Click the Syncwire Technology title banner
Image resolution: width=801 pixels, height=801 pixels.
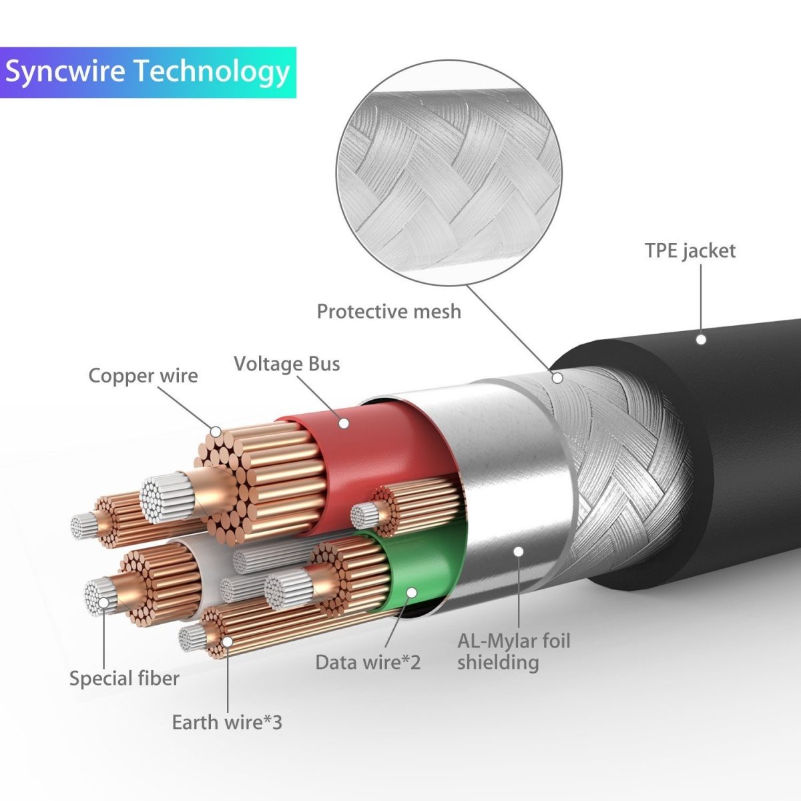pyautogui.click(x=148, y=72)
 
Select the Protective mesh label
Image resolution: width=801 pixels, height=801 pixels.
pyautogui.click(x=388, y=311)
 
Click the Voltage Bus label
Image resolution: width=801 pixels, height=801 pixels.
pyautogui.click(x=286, y=364)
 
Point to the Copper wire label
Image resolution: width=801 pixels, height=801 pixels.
pyautogui.click(x=143, y=376)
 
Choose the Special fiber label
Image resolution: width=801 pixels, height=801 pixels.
pyautogui.click(x=124, y=679)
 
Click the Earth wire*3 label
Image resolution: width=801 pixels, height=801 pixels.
pyautogui.click(x=227, y=722)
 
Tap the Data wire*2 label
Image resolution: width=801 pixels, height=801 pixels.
pyautogui.click(x=368, y=662)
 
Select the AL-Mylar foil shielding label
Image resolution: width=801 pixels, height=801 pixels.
pyautogui.click(x=513, y=651)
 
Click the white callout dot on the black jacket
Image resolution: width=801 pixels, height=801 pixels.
pyautogui.click(x=701, y=339)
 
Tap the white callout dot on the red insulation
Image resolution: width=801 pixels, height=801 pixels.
pyautogui.click(x=344, y=423)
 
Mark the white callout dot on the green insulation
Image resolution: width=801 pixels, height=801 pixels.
pyautogui.click(x=411, y=592)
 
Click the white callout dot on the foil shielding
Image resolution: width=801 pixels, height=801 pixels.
pyautogui.click(x=519, y=551)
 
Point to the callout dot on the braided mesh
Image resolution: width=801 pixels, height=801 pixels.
pyautogui.click(x=557, y=378)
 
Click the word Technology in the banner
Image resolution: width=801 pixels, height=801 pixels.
pyautogui.click(x=212, y=72)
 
